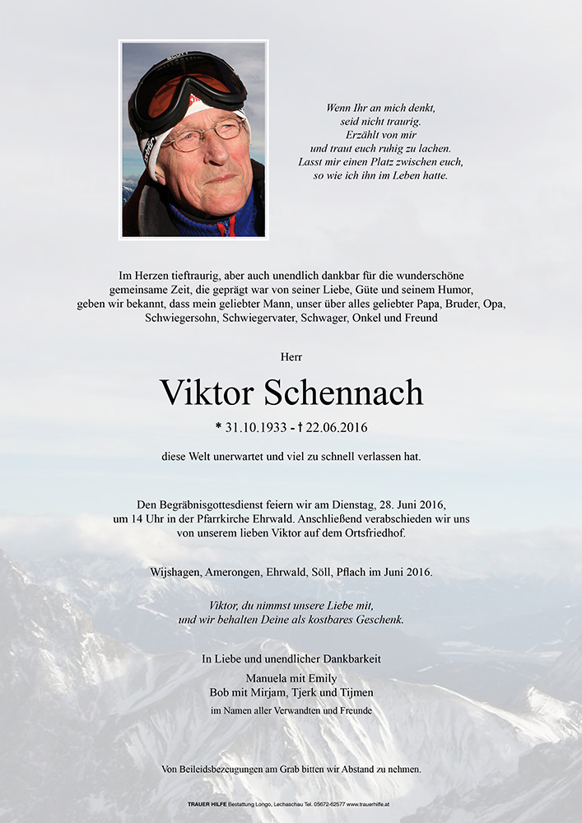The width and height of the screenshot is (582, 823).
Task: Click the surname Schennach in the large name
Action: coord(343,393)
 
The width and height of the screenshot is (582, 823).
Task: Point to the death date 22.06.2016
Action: coord(333,428)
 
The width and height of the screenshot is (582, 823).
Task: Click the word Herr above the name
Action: coord(291,357)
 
